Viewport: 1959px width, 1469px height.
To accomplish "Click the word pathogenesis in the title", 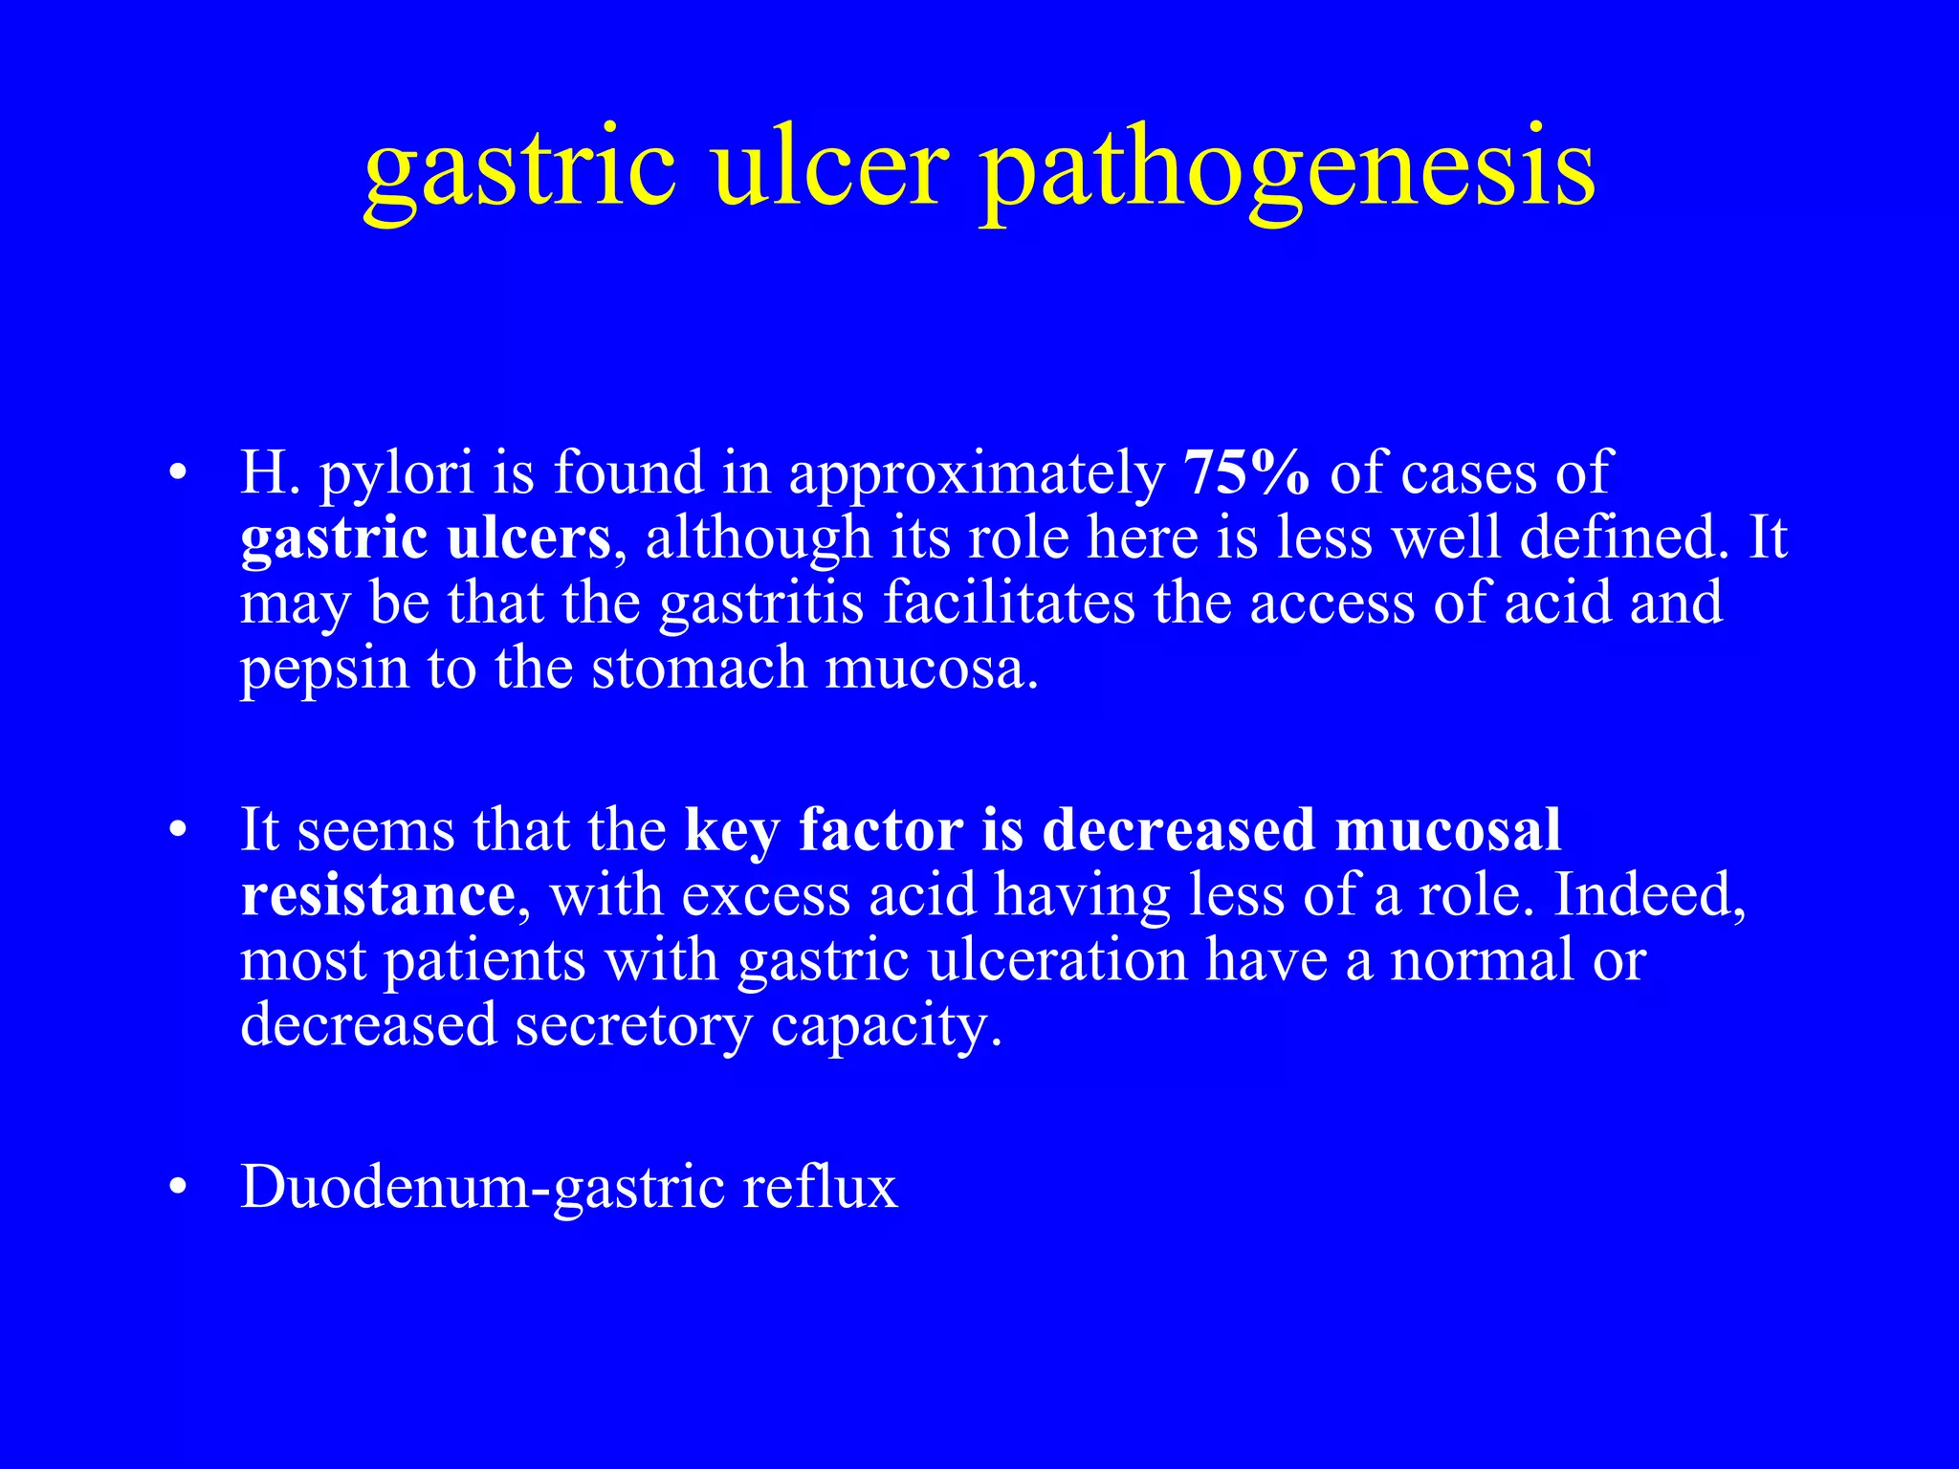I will click(x=1288, y=172).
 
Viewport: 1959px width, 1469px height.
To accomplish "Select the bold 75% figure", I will click(x=1246, y=472).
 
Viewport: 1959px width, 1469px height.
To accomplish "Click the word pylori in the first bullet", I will click(x=397, y=476).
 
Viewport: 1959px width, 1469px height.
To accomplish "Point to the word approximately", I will click(x=976, y=476).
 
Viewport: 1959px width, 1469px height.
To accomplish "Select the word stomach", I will click(x=698, y=668).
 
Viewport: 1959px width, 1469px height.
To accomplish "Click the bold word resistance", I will click(x=378, y=895).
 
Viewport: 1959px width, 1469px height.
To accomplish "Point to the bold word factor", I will click(x=881, y=830).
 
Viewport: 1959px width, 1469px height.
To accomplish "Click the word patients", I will click(x=484, y=960).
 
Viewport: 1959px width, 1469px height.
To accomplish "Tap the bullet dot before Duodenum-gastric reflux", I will click(x=175, y=1189).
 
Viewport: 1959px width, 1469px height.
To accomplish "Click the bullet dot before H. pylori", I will click(x=175, y=474).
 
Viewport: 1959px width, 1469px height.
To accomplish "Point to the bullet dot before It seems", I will click(x=175, y=831).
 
